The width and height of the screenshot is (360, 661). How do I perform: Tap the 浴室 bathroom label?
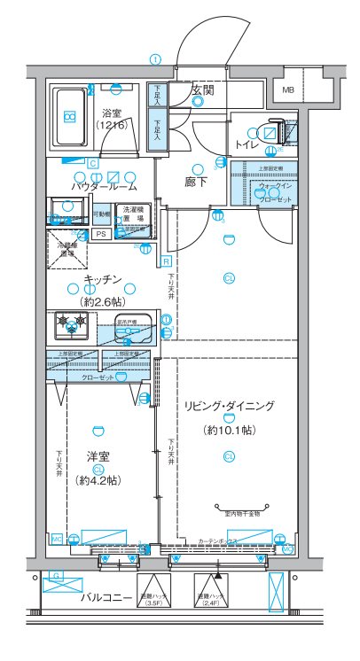[112, 113]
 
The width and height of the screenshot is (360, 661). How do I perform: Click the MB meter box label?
[289, 89]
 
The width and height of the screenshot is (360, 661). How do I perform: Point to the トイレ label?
[247, 144]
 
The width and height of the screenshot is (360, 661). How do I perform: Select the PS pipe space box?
[101, 234]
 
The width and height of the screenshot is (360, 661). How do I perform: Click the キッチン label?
[102, 280]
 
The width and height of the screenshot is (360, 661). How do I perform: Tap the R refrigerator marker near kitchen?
[166, 261]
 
